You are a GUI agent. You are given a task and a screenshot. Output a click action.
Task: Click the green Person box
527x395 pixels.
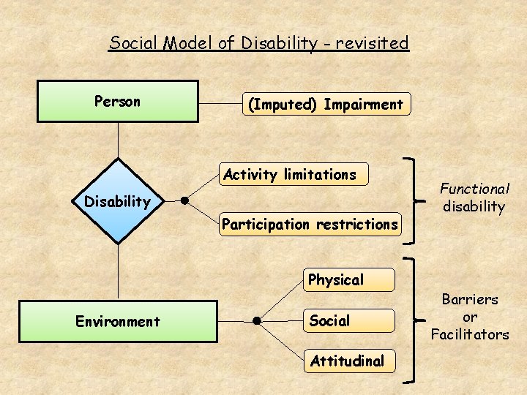(117, 101)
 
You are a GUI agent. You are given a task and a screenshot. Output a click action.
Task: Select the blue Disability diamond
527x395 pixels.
(117, 200)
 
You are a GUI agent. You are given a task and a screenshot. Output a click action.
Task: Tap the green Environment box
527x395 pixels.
(117, 321)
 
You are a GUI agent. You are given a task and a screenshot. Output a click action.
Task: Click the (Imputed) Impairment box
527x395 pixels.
(326, 104)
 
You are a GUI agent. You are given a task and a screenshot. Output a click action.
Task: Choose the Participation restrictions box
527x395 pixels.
(311, 224)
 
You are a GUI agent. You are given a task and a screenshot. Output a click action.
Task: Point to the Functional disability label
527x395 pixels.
(474, 197)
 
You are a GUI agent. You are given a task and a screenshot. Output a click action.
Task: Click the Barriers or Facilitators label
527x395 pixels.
(469, 317)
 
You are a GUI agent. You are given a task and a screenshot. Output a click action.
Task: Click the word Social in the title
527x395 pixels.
(132, 42)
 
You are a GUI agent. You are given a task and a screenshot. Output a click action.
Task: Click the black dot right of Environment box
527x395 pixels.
(257, 320)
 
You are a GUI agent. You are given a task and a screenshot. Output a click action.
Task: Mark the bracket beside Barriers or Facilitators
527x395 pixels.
(415, 319)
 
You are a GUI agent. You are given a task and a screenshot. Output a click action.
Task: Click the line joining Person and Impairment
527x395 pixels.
(220, 103)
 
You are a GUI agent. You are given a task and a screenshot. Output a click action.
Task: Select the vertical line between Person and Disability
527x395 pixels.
(118, 140)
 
